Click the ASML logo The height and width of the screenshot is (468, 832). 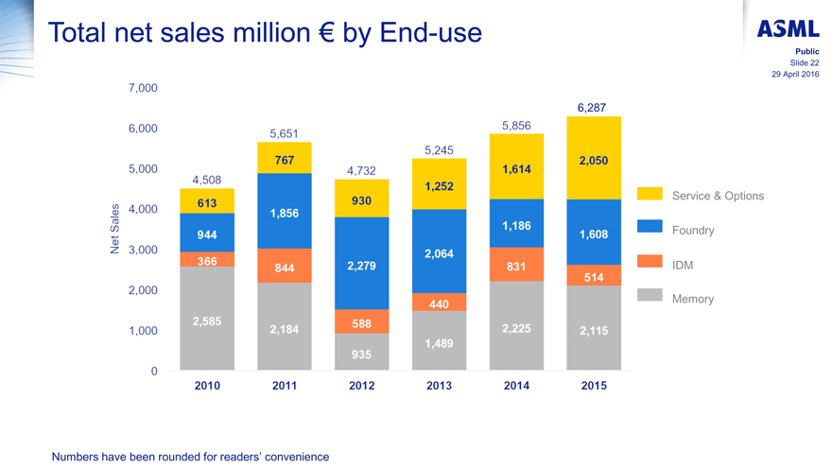(x=788, y=29)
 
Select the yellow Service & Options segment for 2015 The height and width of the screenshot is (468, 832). (x=594, y=158)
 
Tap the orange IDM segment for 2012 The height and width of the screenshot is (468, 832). (x=362, y=322)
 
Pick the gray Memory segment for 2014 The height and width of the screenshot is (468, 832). (x=516, y=326)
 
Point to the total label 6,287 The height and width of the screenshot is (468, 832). (x=592, y=108)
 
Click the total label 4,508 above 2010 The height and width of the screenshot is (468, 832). (x=206, y=180)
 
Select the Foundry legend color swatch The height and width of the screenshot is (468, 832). (x=650, y=227)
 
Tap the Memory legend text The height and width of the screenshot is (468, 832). (x=692, y=299)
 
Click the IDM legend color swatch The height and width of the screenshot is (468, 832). (x=650, y=261)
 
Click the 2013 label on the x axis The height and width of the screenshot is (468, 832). (x=439, y=386)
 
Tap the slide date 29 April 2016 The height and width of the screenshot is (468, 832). (x=796, y=75)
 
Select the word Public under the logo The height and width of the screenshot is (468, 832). (x=806, y=52)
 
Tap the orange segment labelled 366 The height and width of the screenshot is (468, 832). (x=207, y=259)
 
